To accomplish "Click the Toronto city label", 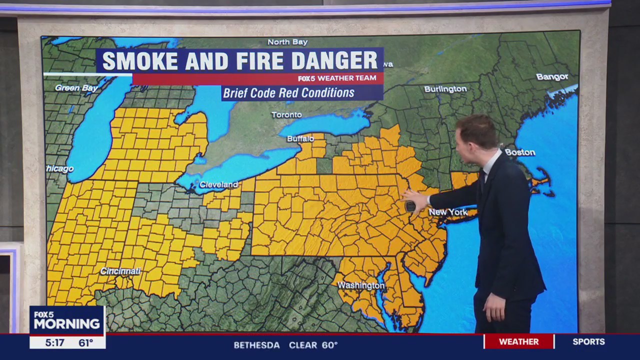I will click(x=286, y=115).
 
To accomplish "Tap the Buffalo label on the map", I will click(x=300, y=138).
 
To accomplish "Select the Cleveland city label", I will click(x=218, y=184).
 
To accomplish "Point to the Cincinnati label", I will click(x=120, y=271).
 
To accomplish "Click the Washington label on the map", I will click(x=361, y=285).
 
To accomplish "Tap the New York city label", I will click(x=448, y=212).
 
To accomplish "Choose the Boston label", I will click(x=520, y=152).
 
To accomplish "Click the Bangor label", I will click(x=552, y=77).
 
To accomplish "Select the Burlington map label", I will click(x=445, y=89).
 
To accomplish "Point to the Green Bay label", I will click(x=76, y=88).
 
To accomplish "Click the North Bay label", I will click(x=287, y=42).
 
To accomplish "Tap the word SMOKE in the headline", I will click(x=140, y=61).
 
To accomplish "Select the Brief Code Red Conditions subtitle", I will click(x=288, y=93).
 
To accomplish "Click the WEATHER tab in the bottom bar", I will click(x=518, y=341).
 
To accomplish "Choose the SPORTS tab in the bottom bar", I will click(x=588, y=341).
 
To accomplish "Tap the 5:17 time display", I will click(x=54, y=342).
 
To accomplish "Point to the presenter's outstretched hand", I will click(x=414, y=200).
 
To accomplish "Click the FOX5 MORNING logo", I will click(x=67, y=320).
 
